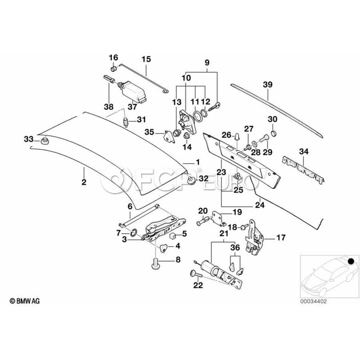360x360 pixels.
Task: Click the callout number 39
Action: [268, 84]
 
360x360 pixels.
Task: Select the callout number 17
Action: [281, 238]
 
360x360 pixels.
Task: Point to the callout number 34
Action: [304, 151]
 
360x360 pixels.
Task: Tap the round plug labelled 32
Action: [191, 181]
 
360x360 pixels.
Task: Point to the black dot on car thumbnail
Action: [351, 262]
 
